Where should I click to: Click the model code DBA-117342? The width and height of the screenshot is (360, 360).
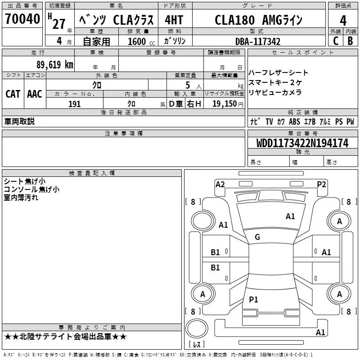pyautogui.click(x=258, y=41)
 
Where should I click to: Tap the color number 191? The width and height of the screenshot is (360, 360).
pyautogui.click(x=74, y=104)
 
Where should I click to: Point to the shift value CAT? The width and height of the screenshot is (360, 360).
pyautogui.click(x=13, y=94)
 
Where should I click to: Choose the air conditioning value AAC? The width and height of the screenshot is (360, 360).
pyautogui.click(x=35, y=94)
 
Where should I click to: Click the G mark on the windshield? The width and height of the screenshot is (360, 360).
pyautogui.click(x=257, y=237)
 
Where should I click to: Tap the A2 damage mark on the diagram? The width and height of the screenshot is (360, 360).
pyautogui.click(x=220, y=184)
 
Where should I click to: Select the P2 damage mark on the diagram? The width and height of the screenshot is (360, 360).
pyautogui.click(x=321, y=184)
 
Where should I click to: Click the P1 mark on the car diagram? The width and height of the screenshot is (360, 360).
pyautogui.click(x=254, y=299)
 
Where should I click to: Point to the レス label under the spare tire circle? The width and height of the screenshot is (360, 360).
pyautogui.click(x=197, y=345)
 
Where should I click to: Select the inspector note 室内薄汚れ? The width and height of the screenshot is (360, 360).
pyautogui.click(x=21, y=198)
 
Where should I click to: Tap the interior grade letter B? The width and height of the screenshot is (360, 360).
pyautogui.click(x=351, y=41)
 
